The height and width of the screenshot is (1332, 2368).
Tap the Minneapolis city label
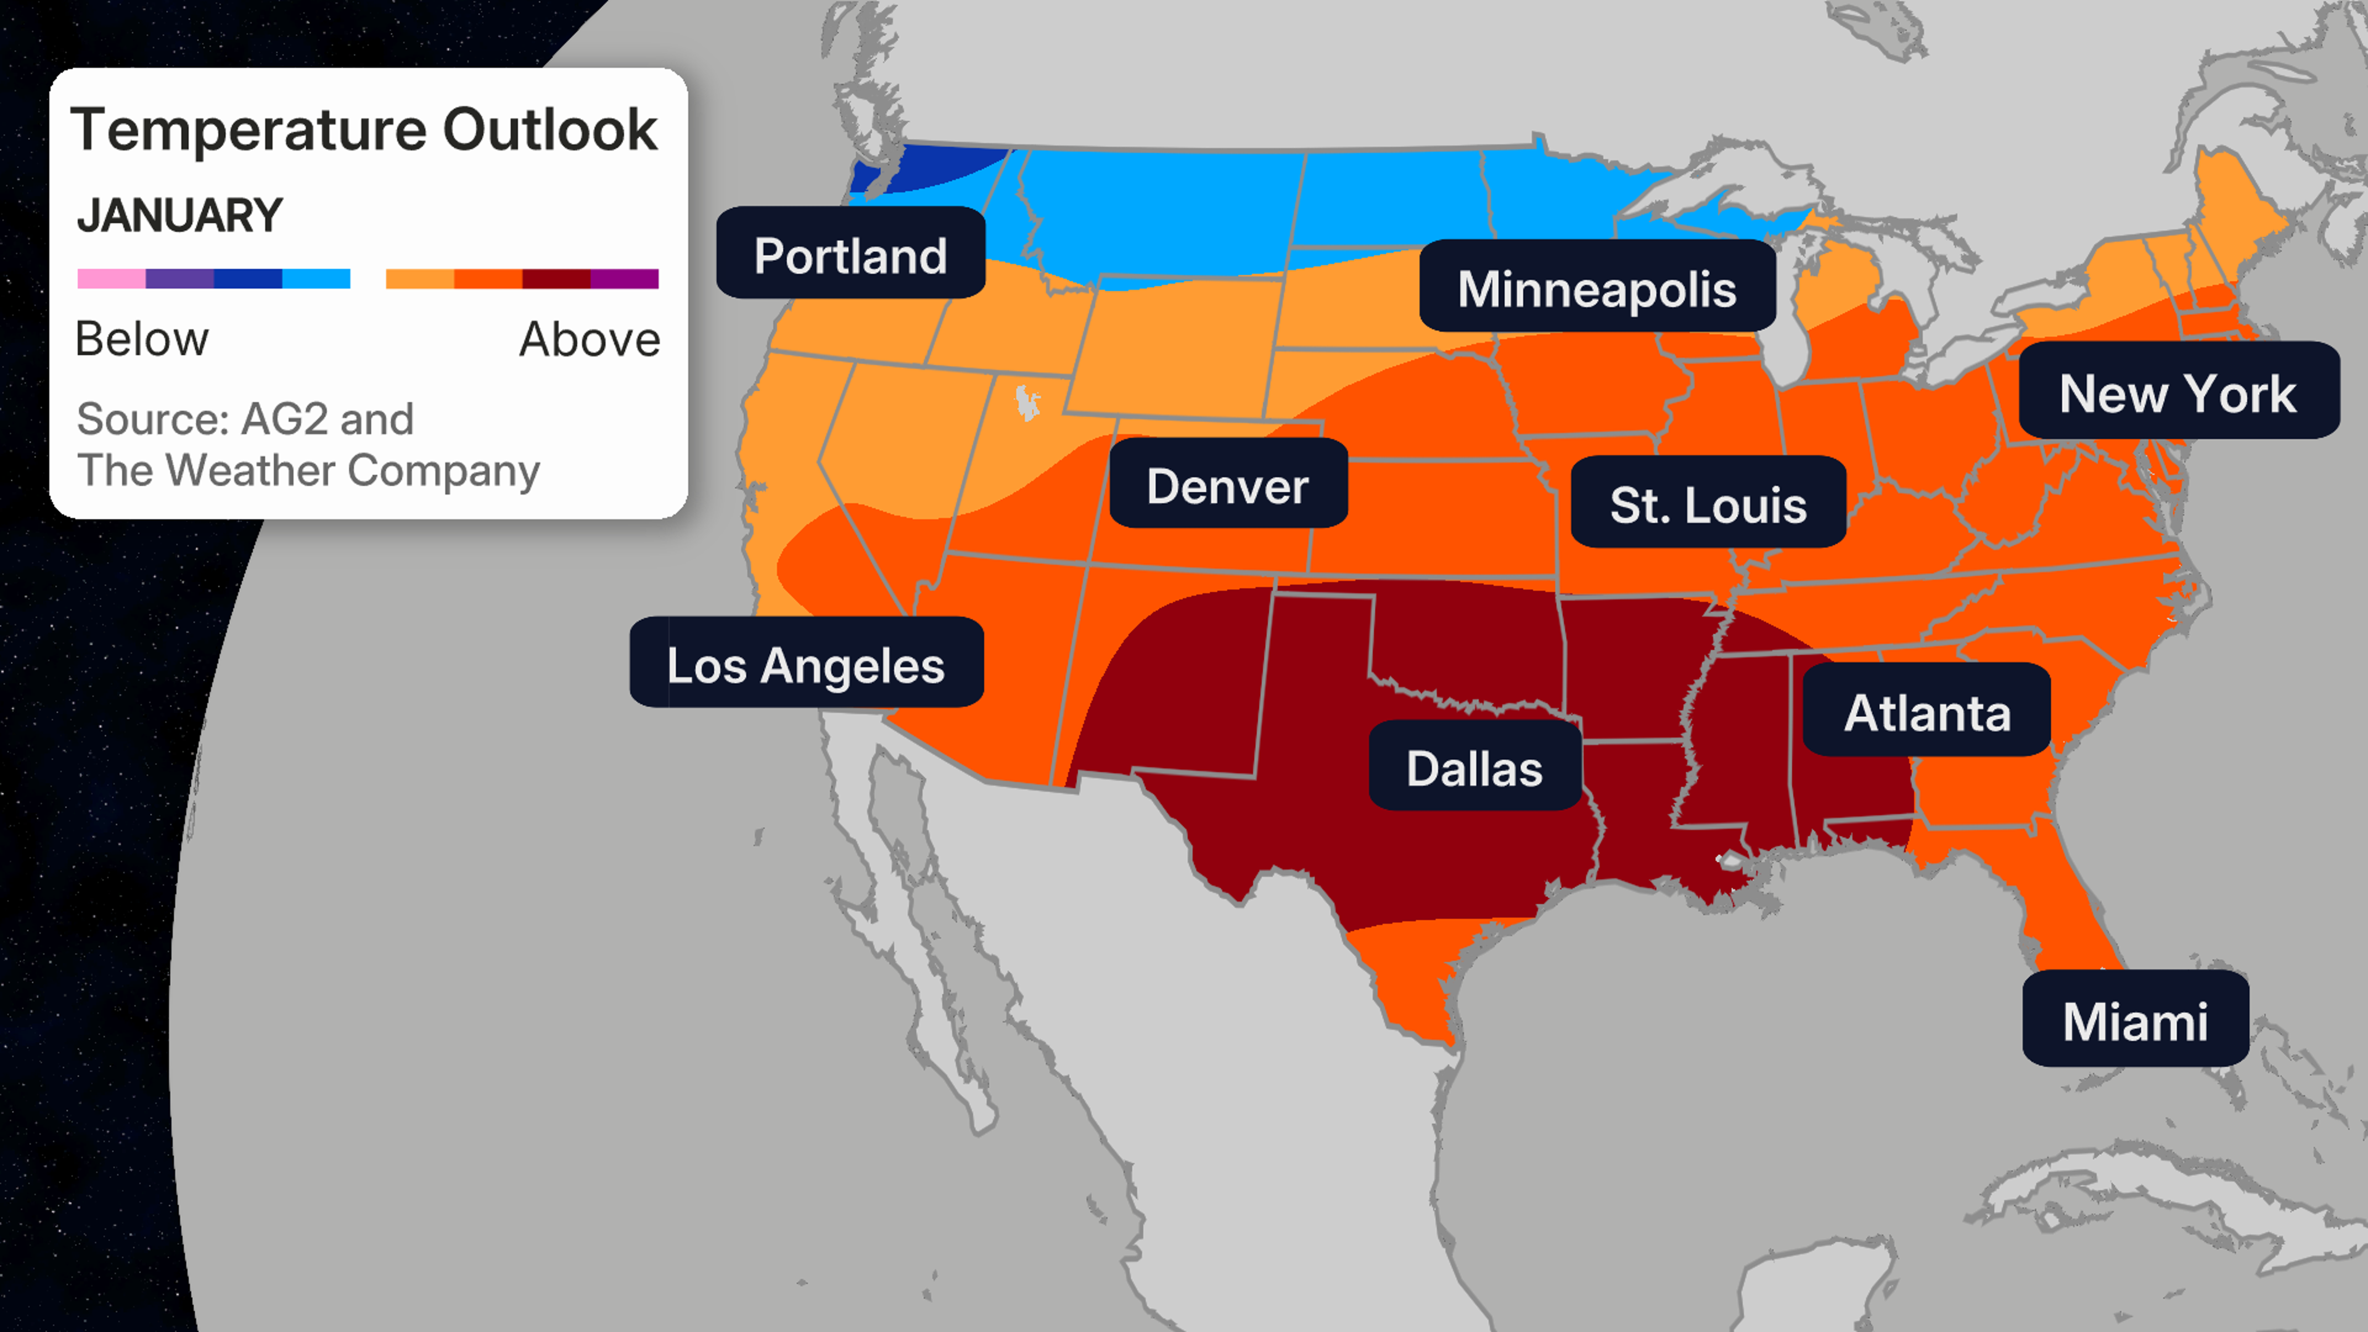1597,288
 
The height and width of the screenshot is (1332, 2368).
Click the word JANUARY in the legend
179,216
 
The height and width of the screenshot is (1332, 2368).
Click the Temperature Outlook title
364,129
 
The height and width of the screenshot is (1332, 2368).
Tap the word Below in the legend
142,339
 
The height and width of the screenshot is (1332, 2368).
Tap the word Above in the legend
590,339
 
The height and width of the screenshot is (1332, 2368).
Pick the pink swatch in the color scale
111,279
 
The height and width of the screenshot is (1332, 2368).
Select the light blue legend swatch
316,279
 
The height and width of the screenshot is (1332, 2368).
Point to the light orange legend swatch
419,279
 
